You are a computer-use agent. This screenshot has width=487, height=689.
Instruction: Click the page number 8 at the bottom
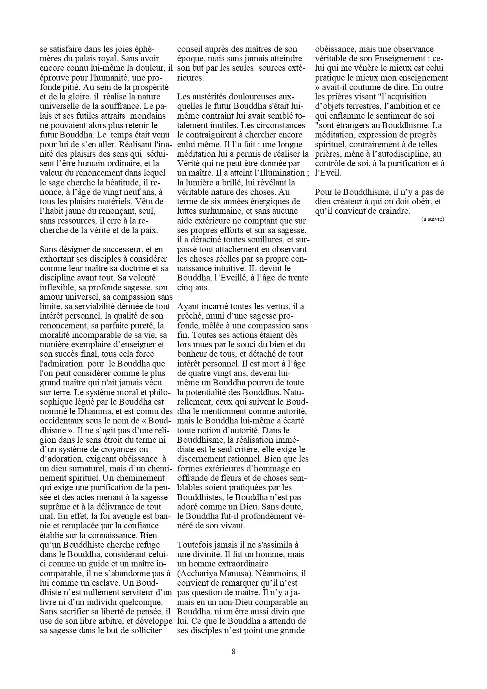pos(233,651)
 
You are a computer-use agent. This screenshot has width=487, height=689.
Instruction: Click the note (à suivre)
pos(433,219)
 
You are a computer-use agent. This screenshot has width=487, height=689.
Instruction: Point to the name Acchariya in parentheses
pos(198,574)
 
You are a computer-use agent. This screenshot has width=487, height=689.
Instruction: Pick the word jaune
pos(77,211)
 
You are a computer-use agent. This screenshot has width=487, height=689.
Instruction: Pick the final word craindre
pos(391,211)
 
